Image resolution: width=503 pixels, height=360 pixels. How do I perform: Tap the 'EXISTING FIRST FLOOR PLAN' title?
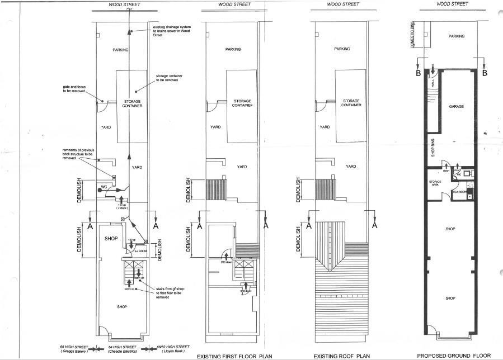coord(230,356)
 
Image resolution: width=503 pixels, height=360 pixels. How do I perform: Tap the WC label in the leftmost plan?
coord(104,186)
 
